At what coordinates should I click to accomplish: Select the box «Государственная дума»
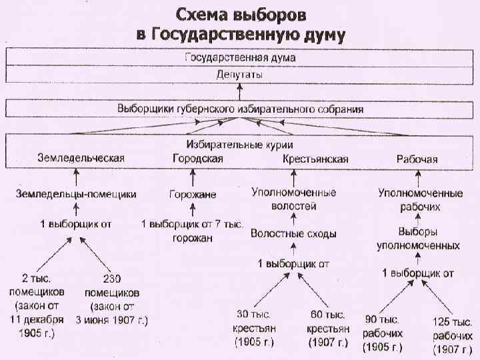click(x=240, y=58)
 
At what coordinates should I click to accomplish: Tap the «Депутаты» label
click(x=240, y=75)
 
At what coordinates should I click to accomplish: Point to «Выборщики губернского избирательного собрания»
click(x=240, y=109)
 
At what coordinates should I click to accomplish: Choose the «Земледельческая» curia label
click(x=81, y=159)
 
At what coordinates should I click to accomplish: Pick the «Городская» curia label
click(x=198, y=159)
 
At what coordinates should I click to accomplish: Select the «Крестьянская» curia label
click(x=315, y=159)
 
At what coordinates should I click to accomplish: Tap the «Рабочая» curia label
click(x=417, y=159)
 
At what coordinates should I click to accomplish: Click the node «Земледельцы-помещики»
click(x=76, y=194)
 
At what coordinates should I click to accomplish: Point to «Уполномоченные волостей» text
click(x=293, y=199)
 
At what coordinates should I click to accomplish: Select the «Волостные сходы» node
click(x=293, y=234)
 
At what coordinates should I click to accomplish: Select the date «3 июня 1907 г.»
click(x=111, y=319)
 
